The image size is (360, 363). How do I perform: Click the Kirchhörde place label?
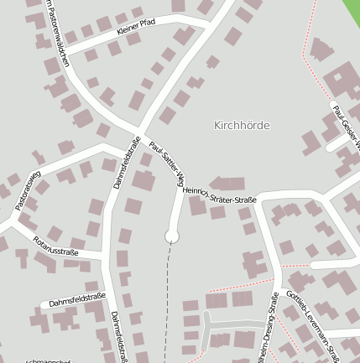pos(243,125)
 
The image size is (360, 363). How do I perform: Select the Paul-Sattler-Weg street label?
pos(165,163)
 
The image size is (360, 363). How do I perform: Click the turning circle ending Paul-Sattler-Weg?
pos(173,237)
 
